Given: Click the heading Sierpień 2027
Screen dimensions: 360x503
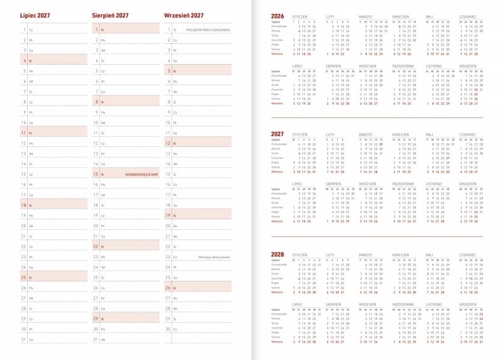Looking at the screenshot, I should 111,14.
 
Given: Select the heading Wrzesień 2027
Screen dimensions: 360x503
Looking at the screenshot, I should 184,14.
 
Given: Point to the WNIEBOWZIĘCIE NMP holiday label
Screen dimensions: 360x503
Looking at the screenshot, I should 142,174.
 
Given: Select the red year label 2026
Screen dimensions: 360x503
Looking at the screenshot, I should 277,16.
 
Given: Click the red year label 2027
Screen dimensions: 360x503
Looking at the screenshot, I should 277,134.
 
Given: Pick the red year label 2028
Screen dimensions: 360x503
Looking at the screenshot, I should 277,254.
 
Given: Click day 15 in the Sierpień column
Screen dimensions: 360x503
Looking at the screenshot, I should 96,174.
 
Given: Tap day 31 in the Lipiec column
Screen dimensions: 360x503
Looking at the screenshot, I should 24,339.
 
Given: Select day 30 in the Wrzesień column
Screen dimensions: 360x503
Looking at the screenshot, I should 169,329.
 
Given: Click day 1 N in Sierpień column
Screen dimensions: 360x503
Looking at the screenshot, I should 96,30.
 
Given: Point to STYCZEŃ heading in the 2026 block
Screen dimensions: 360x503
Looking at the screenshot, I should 300,16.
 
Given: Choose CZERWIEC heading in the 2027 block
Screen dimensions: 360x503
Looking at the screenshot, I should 468,134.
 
